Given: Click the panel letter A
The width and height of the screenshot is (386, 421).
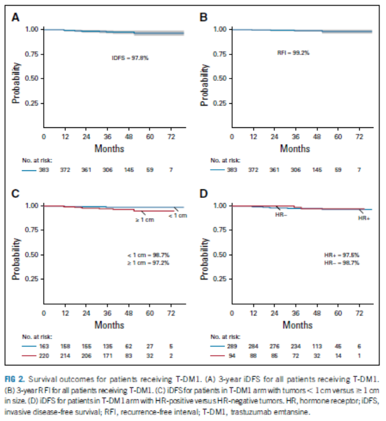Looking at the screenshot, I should (x=16, y=17).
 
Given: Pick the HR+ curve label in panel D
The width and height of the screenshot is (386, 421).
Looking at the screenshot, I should (x=364, y=219).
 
